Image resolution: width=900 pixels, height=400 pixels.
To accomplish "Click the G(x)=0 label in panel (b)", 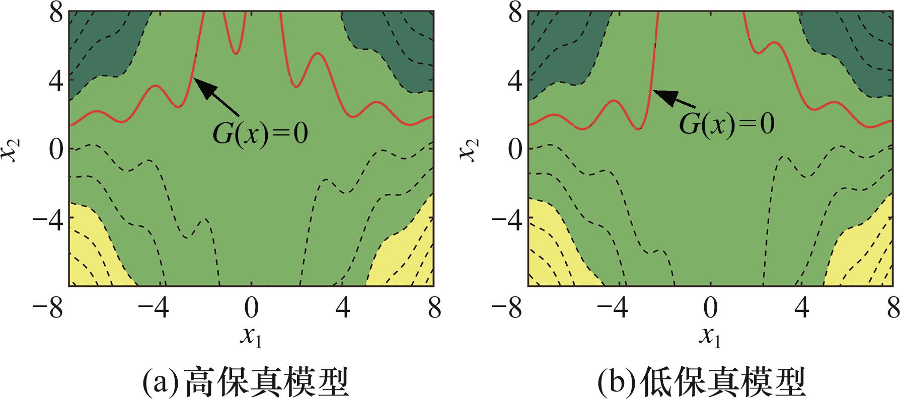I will [726, 123].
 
